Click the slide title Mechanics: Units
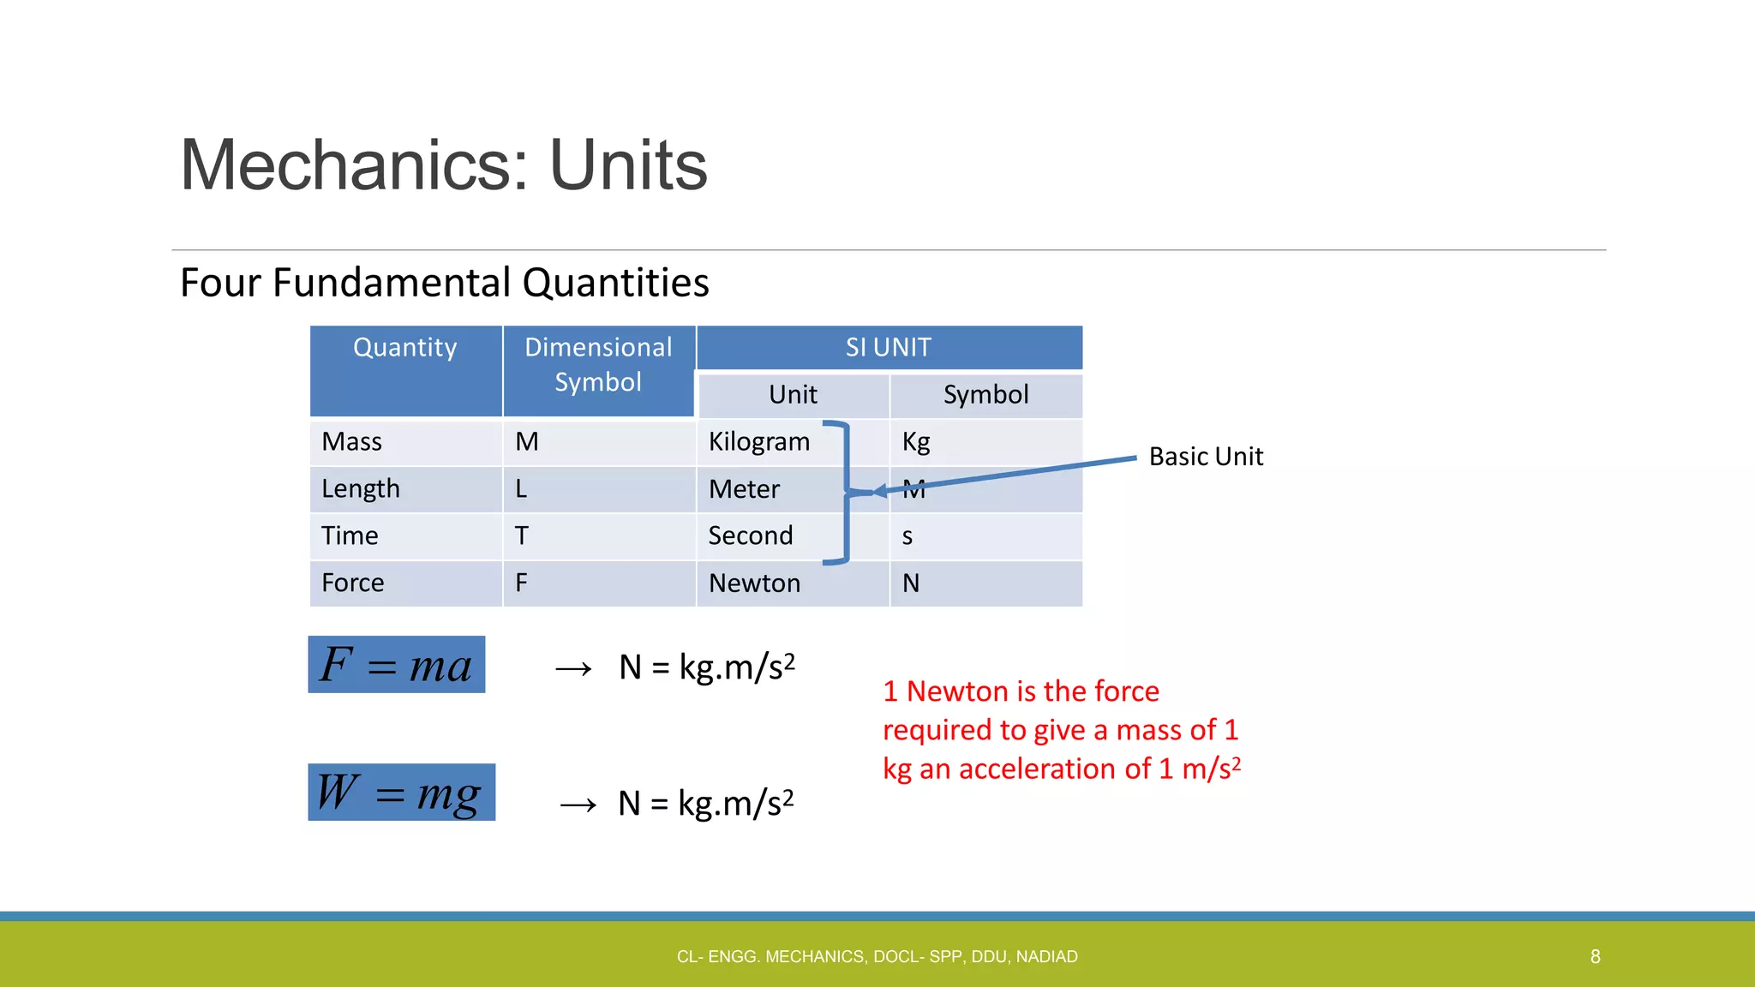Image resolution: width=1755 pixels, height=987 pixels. pyautogui.click(x=443, y=165)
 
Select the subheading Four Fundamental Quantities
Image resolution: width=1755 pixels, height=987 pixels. pyautogui.click(x=444, y=283)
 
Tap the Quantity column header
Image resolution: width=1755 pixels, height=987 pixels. pyautogui.click(x=404, y=348)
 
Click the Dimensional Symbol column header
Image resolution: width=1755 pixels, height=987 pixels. pyautogui.click(x=598, y=364)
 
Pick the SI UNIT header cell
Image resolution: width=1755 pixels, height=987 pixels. pyautogui.click(x=888, y=347)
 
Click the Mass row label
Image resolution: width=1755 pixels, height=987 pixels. pyautogui.click(x=351, y=442)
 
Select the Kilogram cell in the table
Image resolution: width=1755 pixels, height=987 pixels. pyautogui.click(x=758, y=442)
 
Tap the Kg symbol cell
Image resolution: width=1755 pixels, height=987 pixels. pyautogui.click(x=916, y=442)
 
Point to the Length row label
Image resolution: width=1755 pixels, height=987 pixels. pyautogui.click(x=360, y=489)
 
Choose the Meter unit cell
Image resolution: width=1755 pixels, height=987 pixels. pyautogui.click(x=744, y=489)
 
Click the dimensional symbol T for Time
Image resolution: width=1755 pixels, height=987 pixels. pyautogui.click(x=521, y=536)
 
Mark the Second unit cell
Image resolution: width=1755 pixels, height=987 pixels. pyautogui.click(x=750, y=536)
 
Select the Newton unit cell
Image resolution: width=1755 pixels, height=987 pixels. pyautogui.click(x=754, y=583)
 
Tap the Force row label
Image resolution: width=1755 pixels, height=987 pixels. pyautogui.click(x=352, y=583)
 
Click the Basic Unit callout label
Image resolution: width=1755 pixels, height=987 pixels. pyautogui.click(x=1206, y=457)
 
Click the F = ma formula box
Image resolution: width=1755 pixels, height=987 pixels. pyautogui.click(x=396, y=665)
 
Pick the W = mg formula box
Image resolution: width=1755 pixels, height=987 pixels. pyautogui.click(x=401, y=793)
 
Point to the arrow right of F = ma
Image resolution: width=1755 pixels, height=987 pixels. pyautogui.click(x=573, y=668)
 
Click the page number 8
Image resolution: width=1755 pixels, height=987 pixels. pyautogui.click(x=1595, y=956)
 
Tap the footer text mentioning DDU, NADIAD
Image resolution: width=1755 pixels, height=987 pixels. pyautogui.click(x=877, y=956)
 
